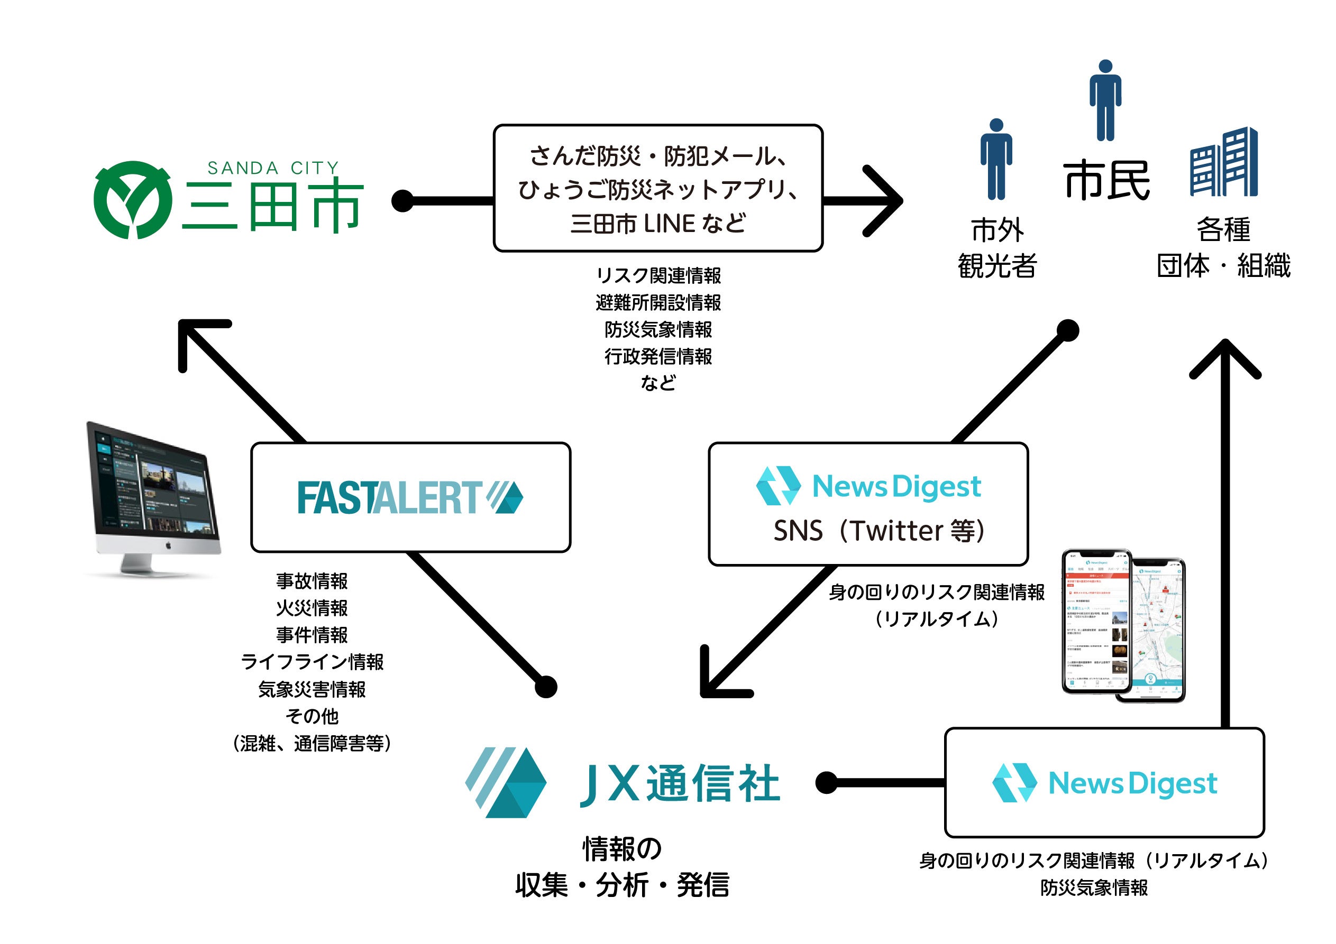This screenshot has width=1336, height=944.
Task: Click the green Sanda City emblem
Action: click(133, 199)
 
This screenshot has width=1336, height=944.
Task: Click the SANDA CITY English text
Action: click(273, 168)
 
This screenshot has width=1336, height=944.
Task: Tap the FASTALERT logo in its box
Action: click(410, 497)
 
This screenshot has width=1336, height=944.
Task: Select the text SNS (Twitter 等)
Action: click(879, 531)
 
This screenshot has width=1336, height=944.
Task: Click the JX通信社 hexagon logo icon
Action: click(506, 782)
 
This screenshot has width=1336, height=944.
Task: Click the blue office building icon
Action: click(1224, 162)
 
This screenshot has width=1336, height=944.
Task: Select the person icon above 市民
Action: click(1105, 100)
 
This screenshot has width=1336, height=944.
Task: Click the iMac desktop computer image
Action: click(152, 499)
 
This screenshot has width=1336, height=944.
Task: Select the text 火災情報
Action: click(312, 608)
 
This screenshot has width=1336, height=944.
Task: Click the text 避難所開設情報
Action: click(658, 302)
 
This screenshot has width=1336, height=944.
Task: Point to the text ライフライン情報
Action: click(312, 662)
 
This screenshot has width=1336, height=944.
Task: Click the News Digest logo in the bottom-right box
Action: click(1104, 782)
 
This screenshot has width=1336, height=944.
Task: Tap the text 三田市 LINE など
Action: click(658, 224)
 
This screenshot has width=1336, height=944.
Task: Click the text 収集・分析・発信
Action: click(622, 885)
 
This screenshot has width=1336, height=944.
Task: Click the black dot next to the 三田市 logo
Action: click(402, 201)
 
